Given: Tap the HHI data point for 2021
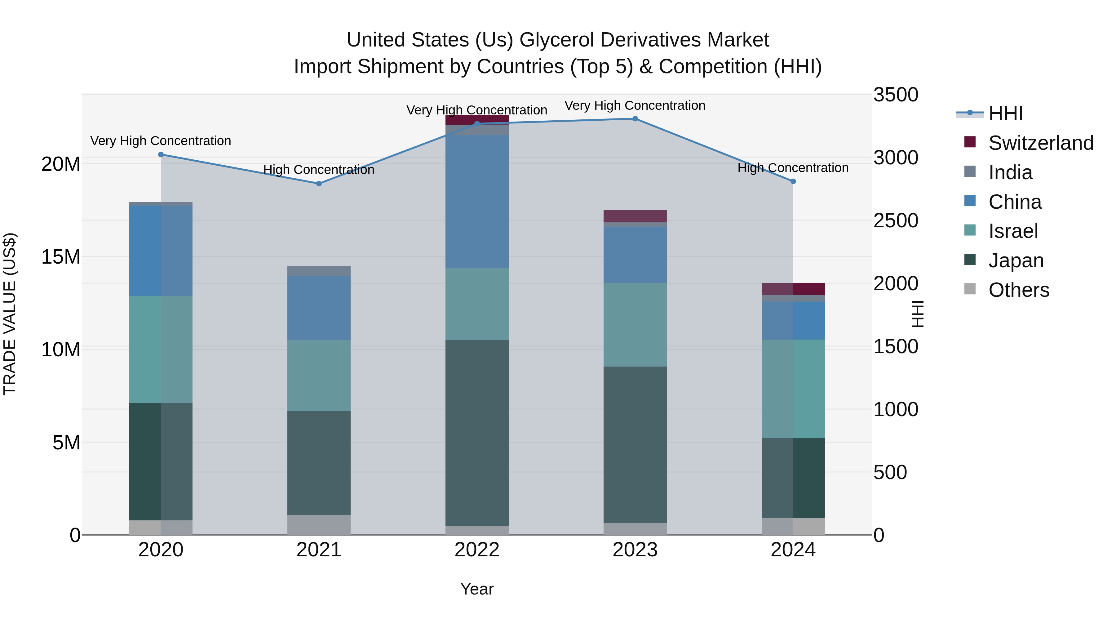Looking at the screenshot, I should point(319,184).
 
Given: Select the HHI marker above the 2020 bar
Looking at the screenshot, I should point(161,155).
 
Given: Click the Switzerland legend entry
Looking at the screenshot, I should point(1040,143).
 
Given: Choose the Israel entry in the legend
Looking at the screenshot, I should point(1013,231).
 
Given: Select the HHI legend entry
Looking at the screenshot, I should point(1005,114).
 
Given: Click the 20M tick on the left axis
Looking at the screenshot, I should point(61,164).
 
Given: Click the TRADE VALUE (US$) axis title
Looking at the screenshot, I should point(10,314).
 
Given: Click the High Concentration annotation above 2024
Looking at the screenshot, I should point(793,168).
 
